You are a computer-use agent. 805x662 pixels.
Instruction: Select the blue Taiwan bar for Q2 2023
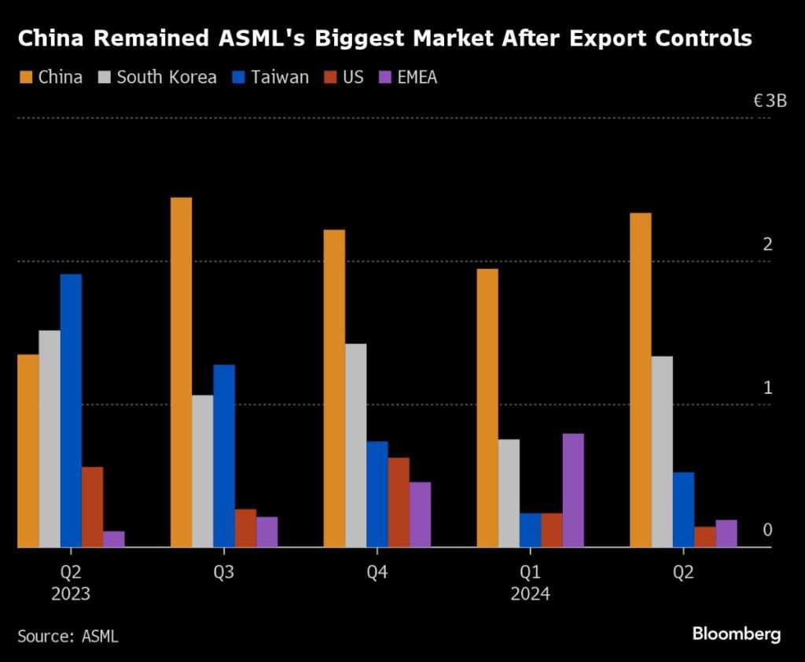71,410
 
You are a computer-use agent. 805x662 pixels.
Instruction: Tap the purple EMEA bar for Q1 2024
573,490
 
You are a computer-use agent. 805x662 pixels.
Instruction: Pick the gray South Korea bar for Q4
355,445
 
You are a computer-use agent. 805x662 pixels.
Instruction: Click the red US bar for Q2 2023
92,507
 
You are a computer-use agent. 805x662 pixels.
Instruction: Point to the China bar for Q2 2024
641,380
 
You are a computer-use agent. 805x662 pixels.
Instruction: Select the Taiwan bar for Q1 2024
530,530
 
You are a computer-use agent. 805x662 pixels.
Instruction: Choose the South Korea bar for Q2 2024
662,451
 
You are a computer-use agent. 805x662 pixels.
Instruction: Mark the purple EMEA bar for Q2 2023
114,539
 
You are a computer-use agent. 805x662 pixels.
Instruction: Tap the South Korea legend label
166,77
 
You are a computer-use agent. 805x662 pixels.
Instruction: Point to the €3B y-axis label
770,101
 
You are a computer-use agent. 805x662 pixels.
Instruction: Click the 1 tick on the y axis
768,388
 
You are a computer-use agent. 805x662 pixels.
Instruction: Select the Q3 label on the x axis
224,572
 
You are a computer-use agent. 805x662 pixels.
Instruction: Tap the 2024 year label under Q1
530,594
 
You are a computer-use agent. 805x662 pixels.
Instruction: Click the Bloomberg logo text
736,634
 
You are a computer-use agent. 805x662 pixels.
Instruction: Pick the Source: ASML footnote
68,636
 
